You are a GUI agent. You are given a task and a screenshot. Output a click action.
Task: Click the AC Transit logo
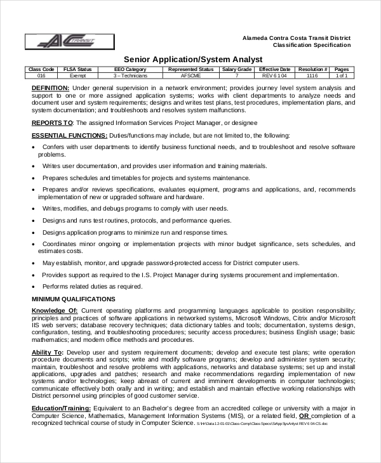pyautogui.click(x=69, y=42)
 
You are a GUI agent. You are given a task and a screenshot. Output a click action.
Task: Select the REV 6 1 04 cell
pyautogui.click(x=274, y=75)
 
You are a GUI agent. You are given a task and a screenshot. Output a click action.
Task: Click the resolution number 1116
pyautogui.click(x=312, y=75)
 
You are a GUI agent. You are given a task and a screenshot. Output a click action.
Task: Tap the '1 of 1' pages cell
pyautogui.click(x=342, y=75)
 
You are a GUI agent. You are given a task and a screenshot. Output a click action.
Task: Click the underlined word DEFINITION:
pyautogui.click(x=50, y=88)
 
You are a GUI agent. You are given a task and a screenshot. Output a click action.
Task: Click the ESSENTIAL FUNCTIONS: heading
pyautogui.click(x=69, y=135)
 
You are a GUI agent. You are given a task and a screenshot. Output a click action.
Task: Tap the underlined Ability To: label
pyautogui.click(x=48, y=352)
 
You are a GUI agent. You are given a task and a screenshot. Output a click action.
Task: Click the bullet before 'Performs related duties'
pyautogui.click(x=33, y=286)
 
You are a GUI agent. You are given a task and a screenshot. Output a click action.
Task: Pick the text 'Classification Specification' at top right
pyautogui.click(x=311, y=45)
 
